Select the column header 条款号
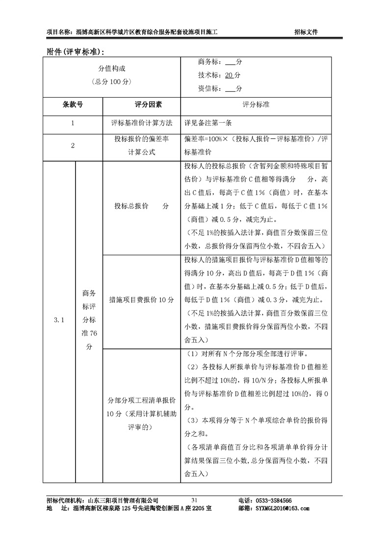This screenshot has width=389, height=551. [73, 105]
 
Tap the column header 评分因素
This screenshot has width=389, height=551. [142, 105]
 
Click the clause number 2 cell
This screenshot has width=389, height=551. [73, 145]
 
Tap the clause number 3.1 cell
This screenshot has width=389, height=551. [59, 320]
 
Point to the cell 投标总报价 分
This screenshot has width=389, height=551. [142, 206]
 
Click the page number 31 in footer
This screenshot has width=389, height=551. [194, 500]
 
